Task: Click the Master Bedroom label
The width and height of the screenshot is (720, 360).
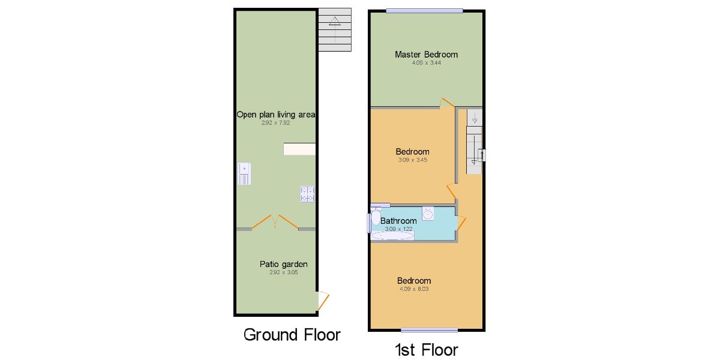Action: coord(426,55)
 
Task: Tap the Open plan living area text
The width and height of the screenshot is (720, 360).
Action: coord(276,115)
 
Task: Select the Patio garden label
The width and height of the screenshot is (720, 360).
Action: coord(283,264)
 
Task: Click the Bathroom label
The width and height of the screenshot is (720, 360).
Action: coord(398,221)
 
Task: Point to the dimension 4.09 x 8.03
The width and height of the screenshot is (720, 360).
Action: coord(414,289)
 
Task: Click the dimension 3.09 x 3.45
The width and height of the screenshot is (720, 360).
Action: coord(413,160)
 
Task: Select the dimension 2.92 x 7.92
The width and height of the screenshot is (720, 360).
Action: coord(276,123)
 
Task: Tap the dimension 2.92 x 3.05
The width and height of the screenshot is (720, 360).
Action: coord(283,272)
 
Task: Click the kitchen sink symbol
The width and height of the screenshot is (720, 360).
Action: coord(244,173)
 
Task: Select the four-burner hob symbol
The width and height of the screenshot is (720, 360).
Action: coord(307,194)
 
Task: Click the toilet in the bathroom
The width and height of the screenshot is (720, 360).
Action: coord(376,216)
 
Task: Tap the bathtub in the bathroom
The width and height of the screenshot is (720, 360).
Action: coord(392,236)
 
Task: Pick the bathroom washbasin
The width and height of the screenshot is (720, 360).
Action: coord(428,214)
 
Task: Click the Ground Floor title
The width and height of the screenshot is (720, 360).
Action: coord(292,335)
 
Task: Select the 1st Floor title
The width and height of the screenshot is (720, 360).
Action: coord(426,350)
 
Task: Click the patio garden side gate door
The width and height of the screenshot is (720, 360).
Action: coord(323,301)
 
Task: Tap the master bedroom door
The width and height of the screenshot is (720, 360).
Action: coord(447,103)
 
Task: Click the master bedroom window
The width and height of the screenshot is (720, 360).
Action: coord(424,11)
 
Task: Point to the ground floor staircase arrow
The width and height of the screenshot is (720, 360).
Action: coord(335,29)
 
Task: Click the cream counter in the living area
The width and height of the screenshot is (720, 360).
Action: coord(299,149)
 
